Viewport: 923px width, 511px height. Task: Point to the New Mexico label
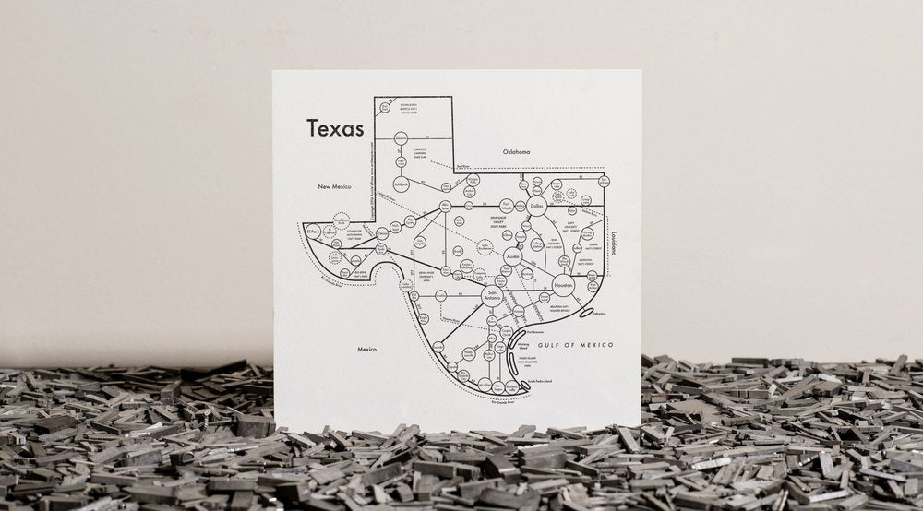point(337,186)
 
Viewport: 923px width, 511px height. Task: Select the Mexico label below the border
point(367,350)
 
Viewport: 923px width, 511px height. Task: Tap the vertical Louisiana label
point(612,241)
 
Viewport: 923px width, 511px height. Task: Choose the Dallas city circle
point(538,208)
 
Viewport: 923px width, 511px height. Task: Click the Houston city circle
point(563,288)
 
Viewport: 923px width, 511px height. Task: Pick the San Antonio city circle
point(492,296)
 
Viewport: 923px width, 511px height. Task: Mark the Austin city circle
point(512,257)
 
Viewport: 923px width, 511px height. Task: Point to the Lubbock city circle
point(401,184)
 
